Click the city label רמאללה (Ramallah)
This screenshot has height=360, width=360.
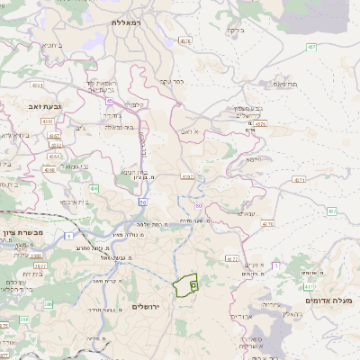click(128, 21)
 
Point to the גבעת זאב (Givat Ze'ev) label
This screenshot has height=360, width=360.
click(39, 106)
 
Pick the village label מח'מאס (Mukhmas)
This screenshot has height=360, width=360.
click(285, 84)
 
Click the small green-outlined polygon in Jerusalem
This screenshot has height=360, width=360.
click(185, 285)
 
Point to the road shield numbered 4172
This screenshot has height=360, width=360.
click(231, 258)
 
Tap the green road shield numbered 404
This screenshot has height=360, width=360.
click(94, 189)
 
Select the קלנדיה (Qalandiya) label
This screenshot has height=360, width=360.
click(132, 103)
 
